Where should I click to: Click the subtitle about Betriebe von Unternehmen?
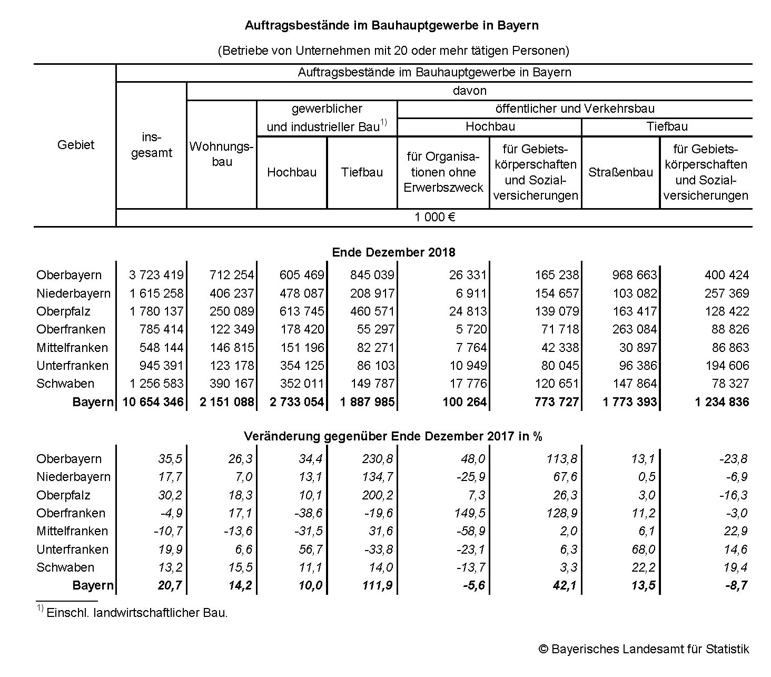[393, 51]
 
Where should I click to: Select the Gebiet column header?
[75, 145]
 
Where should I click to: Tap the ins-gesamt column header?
[151, 145]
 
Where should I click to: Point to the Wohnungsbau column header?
[222, 154]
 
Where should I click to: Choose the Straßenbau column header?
[620, 172]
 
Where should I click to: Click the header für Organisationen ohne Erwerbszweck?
[443, 172]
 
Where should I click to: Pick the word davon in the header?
[469, 91]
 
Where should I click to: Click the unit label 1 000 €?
[434, 217]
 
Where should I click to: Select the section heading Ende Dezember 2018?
[393, 252]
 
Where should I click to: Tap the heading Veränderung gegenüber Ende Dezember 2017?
[393, 436]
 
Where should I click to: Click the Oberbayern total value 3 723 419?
[156, 275]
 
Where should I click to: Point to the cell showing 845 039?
[368, 275]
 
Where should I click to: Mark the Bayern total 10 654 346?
[153, 402]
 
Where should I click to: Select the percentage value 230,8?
[378, 459]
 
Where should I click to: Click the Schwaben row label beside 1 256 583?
[65, 384]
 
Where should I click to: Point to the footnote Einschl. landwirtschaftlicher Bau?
[137, 613]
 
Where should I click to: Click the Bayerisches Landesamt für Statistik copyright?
[644, 649]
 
